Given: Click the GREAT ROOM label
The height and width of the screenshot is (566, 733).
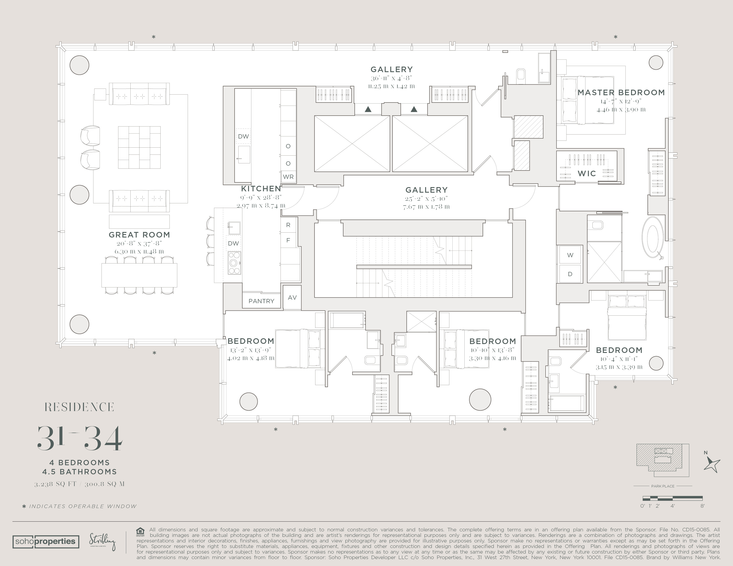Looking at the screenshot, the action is pos(139,235).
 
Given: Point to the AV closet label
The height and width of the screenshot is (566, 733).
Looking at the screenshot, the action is pos(292,297).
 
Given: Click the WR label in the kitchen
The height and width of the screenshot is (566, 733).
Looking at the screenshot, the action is pos(288,177).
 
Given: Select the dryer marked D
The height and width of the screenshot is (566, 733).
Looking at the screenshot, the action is pos(570,274).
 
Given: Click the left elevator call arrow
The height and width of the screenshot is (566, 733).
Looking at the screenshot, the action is pos(368,109).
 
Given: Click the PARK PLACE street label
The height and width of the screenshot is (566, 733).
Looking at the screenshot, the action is pos(663,486).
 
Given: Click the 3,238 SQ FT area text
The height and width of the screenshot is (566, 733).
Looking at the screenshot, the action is pos(55,484).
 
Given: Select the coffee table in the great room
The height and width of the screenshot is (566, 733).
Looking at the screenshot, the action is pos(139,148).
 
